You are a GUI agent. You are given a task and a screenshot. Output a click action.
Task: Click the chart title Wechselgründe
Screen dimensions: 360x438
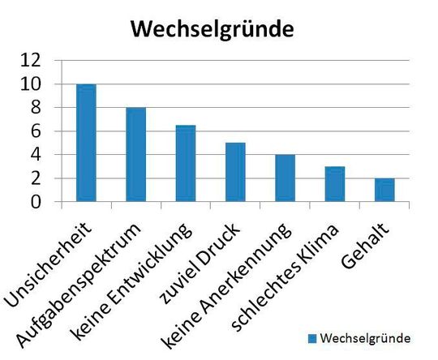point(212,30)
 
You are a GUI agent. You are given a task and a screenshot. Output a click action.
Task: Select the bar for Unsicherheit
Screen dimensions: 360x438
point(86,143)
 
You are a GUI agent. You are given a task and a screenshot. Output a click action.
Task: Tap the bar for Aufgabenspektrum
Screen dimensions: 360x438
point(135,154)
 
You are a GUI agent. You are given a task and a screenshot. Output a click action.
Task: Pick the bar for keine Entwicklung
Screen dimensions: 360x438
point(186,163)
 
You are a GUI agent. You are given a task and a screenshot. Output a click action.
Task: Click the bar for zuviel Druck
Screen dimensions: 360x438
point(235,172)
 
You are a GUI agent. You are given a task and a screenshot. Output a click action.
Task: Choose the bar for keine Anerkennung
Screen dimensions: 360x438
point(285,178)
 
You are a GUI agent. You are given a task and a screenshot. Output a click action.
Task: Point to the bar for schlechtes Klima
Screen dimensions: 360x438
point(335,184)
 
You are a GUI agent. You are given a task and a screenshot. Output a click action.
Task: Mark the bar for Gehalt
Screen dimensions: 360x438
point(384,190)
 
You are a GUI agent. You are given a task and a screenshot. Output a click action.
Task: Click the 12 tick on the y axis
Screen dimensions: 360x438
point(31,61)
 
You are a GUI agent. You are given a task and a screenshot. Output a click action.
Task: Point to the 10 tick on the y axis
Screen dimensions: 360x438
point(31,84)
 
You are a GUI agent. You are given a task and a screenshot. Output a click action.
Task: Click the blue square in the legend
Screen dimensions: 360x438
point(311,336)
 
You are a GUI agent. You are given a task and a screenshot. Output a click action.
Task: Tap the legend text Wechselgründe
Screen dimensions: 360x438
point(364,336)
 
